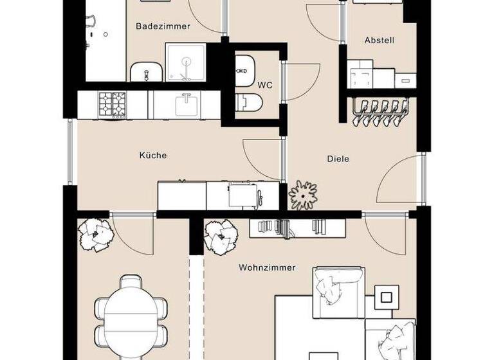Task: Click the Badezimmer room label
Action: (x=163, y=26)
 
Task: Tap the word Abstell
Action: (x=379, y=40)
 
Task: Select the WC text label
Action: (x=265, y=85)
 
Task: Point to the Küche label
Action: (x=153, y=155)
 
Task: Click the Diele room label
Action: (x=338, y=158)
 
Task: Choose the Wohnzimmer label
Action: (x=267, y=267)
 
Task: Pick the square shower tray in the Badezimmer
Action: (x=186, y=62)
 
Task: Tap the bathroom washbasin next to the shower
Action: (x=147, y=71)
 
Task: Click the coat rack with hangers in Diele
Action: (x=381, y=113)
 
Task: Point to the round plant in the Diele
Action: (x=303, y=194)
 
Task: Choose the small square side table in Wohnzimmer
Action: (x=386, y=297)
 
